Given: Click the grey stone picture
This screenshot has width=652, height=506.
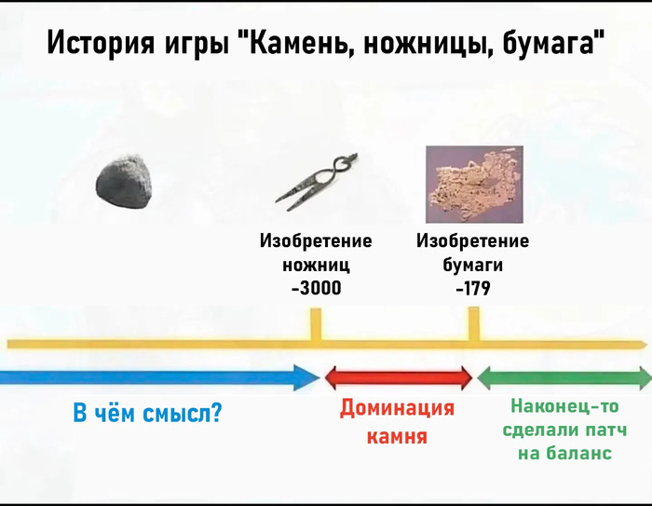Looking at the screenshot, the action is coord(124,182).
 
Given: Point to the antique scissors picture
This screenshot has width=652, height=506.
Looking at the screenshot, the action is coord(315,181).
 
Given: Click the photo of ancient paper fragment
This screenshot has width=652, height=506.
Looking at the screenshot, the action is coord(474,184).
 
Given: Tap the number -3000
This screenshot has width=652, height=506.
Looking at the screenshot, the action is coord(317,288).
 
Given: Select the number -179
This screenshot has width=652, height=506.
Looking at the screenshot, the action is coord(473,288).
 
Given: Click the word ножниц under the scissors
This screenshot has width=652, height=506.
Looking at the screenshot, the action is coord(316,265).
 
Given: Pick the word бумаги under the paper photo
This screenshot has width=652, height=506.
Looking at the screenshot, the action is coord(473,265).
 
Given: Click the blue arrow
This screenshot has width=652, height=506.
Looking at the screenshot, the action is coord(159,377).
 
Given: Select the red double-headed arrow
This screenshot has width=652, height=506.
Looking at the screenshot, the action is coord(399,377).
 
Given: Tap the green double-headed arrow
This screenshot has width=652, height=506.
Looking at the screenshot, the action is coord(564,377).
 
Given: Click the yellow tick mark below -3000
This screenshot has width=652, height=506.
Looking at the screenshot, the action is coord(316,323).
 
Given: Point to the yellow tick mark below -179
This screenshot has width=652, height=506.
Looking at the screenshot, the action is coord(473,323).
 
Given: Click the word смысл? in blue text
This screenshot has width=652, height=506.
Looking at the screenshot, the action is coord(183,413).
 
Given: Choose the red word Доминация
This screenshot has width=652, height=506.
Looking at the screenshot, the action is coord(397,409).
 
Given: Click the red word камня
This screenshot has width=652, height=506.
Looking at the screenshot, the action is coord(397,436).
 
